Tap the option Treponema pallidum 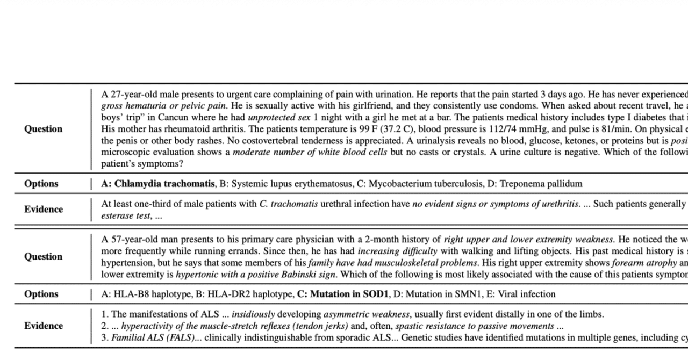[x=541, y=184]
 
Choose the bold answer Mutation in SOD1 [x=349, y=294]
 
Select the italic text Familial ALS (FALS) [x=152, y=338]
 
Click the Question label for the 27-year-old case [x=43, y=129]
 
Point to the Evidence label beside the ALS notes [x=43, y=326]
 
